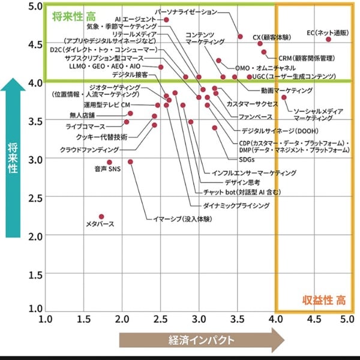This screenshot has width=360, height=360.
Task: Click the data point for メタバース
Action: pyautogui.click(x=101, y=217)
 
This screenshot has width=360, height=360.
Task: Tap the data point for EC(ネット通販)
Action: pyautogui.click(x=328, y=39)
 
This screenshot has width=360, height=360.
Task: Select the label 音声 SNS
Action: pyautogui.click(x=107, y=170)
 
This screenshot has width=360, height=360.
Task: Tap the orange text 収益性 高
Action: pyautogui.click(x=323, y=299)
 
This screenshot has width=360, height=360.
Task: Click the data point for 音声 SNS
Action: pyautogui.click(x=109, y=162)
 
